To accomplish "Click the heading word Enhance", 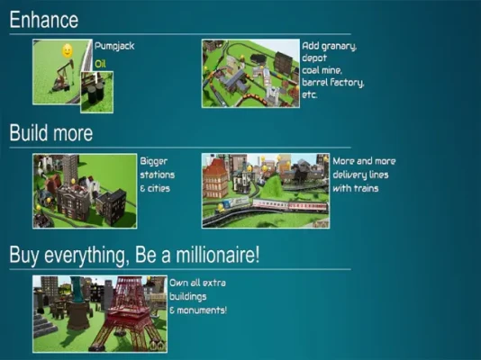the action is tap(44, 20).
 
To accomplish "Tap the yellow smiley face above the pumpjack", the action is tap(68, 50).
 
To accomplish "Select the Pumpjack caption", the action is tap(114, 46).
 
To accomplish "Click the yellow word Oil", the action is tap(100, 64).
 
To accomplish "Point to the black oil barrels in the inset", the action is tap(96, 94).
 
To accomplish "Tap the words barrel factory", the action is tap(333, 83).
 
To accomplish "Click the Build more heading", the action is tap(51, 133).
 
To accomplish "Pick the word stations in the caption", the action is tap(158, 175).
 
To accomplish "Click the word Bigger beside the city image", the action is tap(154, 162).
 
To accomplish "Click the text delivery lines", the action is tap(360, 175).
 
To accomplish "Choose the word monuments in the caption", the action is tap(202, 310).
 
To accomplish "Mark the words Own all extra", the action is tap(197, 283).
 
